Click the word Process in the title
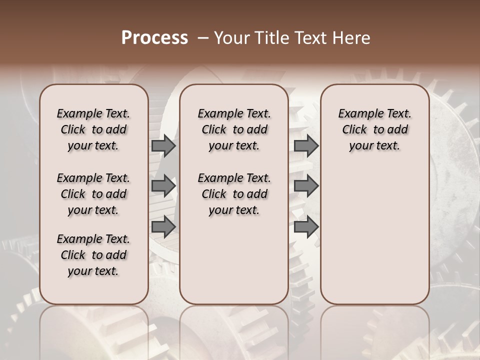154,38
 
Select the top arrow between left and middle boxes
163,145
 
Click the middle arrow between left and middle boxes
163,186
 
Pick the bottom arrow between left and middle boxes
163,226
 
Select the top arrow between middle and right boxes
306,145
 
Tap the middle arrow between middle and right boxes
306,186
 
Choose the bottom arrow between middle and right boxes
306,226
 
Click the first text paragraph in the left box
93,129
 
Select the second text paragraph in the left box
93,194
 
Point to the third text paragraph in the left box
93,255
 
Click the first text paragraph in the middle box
234,129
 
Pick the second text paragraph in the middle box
234,194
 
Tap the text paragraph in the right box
375,129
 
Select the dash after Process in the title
202,38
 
